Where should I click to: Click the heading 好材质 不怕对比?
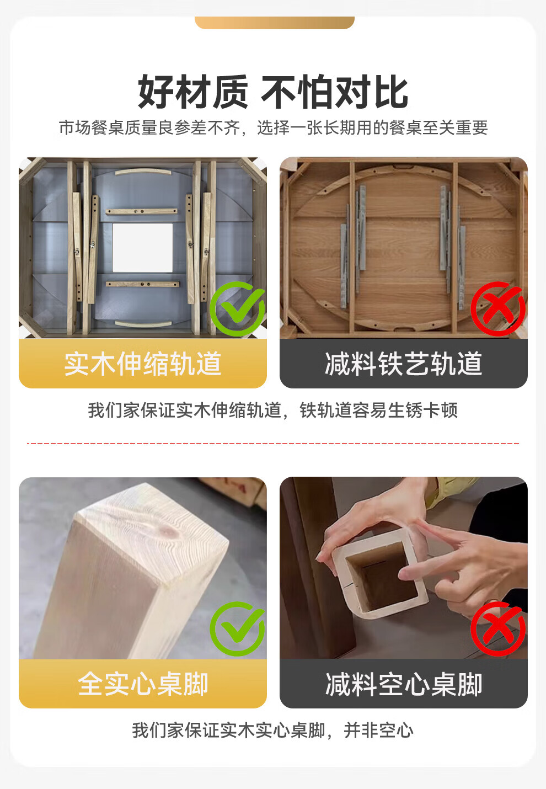click(273, 92)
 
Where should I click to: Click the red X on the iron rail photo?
click(498, 308)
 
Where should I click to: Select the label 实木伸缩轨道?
click(143, 364)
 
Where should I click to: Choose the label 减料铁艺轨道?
click(403, 364)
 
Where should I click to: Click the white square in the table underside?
click(143, 247)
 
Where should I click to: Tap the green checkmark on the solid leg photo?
click(238, 629)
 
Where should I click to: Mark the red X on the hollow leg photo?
click(498, 629)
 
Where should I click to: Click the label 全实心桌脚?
click(143, 684)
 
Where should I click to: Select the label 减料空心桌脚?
click(403, 684)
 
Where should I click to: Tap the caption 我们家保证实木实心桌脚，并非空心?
click(273, 730)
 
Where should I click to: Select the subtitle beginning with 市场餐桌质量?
click(273, 127)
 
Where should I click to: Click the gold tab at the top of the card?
click(275, 23)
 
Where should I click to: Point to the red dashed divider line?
click(273, 443)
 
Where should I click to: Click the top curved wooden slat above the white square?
click(143, 172)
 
